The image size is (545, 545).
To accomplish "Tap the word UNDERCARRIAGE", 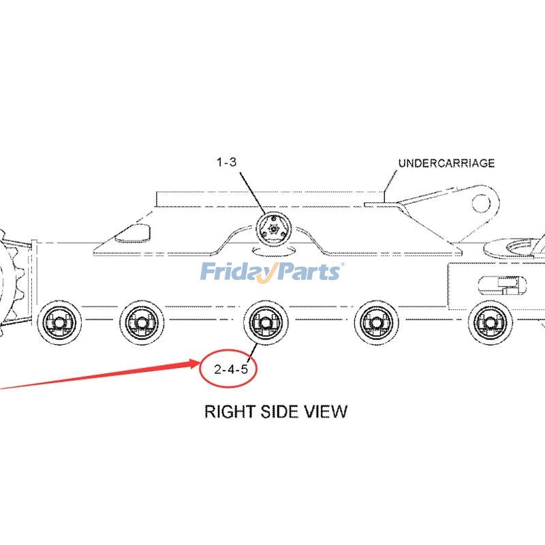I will coord(446,163).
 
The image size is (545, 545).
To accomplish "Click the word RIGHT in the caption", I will coord(230,411).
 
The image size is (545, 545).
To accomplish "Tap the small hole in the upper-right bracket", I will coord(482,202).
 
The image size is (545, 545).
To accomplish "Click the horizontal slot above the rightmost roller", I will coord(501,283).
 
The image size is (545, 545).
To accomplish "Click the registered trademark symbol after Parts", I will coord(343,265).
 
